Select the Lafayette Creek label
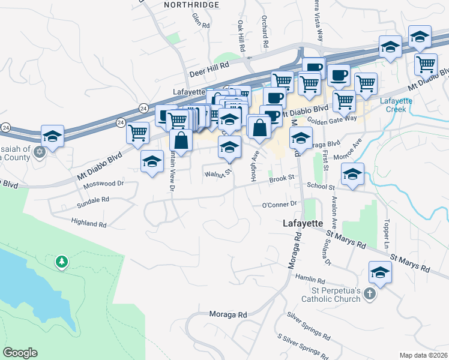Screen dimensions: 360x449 [396, 104]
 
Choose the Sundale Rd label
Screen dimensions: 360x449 [93, 199]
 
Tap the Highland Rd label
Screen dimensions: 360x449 [88, 224]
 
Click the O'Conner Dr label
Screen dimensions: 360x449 [280, 205]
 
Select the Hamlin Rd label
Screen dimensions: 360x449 [310, 280]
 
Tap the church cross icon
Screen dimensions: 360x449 [370, 294]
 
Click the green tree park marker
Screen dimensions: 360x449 [61, 262]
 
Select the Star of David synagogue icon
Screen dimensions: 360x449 [40, 151]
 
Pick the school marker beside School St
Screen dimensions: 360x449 [352, 175]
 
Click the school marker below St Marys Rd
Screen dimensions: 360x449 [379, 273]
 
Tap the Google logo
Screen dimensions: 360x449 [20, 353]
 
